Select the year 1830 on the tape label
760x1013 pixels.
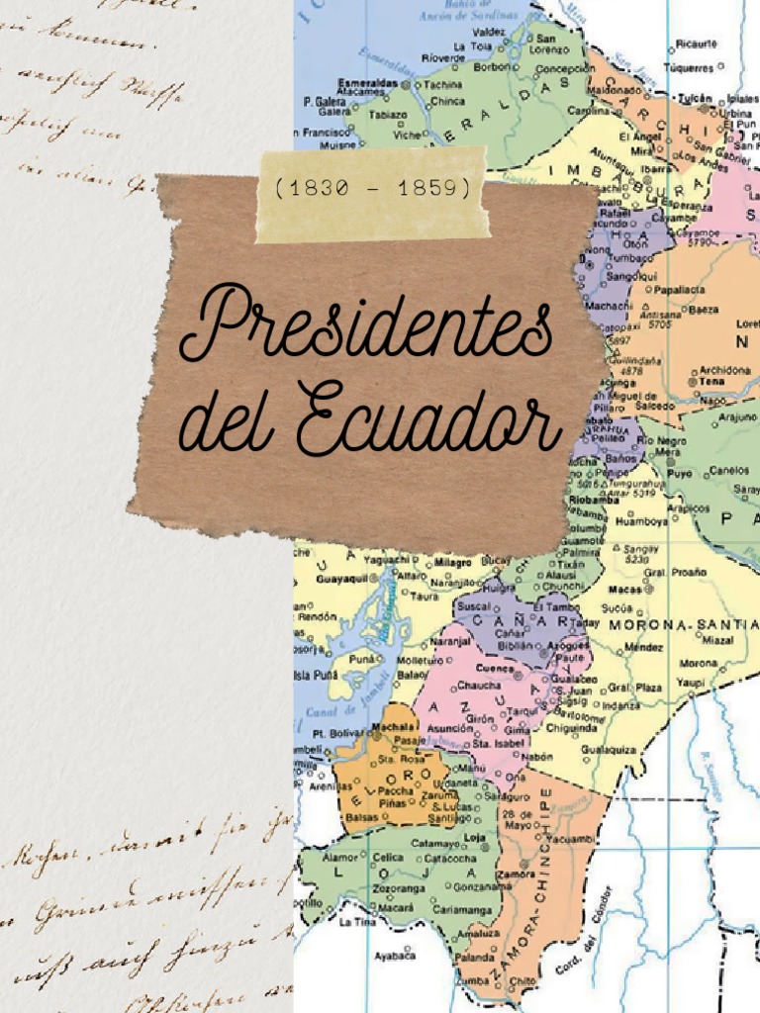click(318, 187)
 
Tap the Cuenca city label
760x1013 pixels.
click(496, 669)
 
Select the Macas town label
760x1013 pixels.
click(625, 589)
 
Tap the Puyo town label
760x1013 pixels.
click(678, 474)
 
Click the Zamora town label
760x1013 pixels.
click(517, 875)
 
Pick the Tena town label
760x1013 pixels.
click(712, 381)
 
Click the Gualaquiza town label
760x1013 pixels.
click(608, 750)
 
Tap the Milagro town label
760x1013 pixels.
click(454, 560)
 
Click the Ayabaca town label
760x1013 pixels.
click(395, 956)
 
